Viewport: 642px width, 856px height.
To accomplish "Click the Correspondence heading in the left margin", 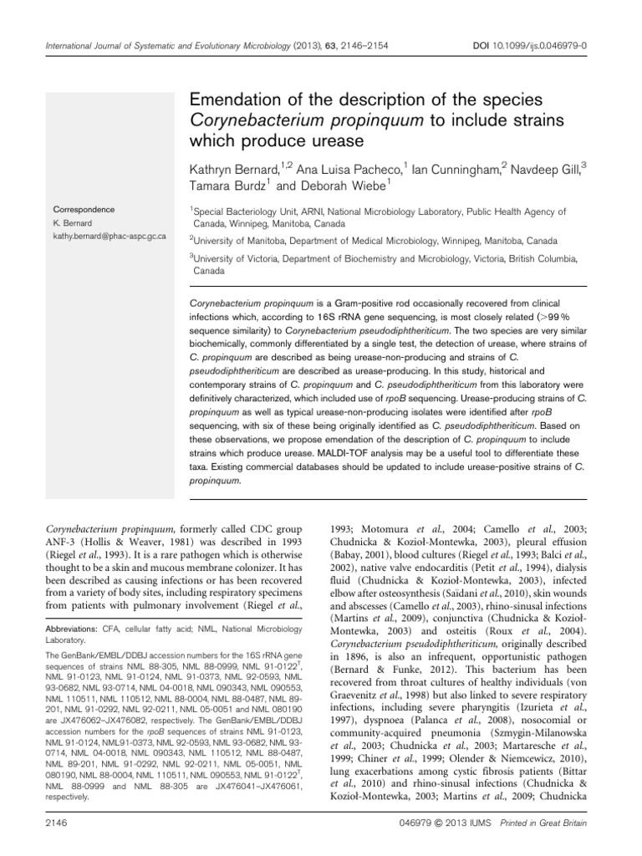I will pos(84,209).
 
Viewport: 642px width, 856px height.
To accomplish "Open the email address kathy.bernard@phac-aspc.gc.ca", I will pos(110,237).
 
